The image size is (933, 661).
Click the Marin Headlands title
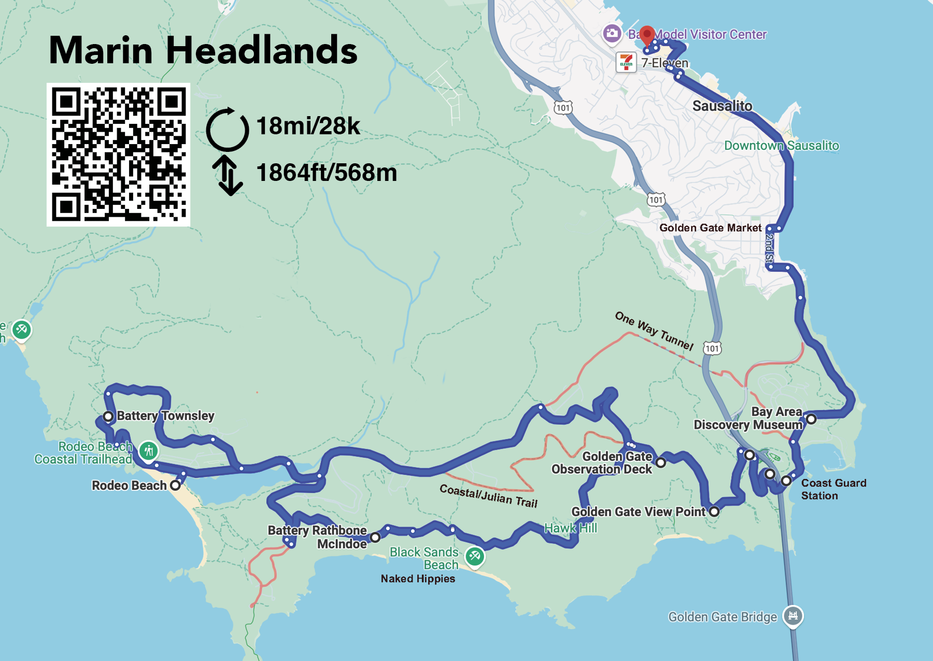point(203,50)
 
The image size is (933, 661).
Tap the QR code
point(118,154)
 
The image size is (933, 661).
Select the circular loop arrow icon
point(227,129)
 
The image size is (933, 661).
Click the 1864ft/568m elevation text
point(326,173)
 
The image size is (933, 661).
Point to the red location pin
point(646,35)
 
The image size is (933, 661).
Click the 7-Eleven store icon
point(626,63)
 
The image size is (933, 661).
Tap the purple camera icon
point(612,34)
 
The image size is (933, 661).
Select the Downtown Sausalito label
point(781,146)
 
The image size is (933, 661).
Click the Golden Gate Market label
point(710,228)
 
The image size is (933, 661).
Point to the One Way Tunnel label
point(654,330)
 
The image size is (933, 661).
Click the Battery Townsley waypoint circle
point(108,416)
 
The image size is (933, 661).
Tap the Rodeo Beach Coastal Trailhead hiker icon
point(149,451)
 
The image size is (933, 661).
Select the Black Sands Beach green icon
point(474,557)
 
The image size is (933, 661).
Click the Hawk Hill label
point(570,528)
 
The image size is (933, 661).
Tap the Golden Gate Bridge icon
point(793,615)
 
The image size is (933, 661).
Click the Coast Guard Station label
point(833,489)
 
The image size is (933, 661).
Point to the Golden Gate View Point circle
point(714,512)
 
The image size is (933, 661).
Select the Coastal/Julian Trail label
point(488,496)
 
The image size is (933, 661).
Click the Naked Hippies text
point(418,579)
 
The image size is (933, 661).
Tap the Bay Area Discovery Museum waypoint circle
point(811,419)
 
